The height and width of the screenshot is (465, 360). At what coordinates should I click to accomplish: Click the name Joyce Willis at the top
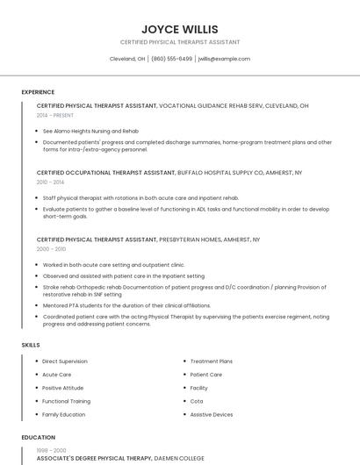tap(179, 29)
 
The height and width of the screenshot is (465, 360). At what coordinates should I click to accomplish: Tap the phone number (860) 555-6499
tap(171, 59)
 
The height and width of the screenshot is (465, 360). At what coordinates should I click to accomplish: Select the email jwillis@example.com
tap(224, 59)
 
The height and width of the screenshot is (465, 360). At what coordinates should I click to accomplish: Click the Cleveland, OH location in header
tap(127, 59)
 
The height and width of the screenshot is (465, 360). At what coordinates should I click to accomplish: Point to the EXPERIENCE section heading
tap(38, 92)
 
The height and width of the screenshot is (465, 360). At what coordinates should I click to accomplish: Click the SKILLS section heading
tap(31, 345)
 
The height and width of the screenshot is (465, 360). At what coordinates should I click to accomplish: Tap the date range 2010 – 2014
tap(51, 182)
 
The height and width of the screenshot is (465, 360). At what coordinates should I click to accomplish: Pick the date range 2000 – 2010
tap(51, 248)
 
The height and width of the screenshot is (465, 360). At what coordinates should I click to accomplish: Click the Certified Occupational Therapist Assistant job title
tap(106, 173)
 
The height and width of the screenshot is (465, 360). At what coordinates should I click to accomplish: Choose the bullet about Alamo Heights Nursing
tap(90, 131)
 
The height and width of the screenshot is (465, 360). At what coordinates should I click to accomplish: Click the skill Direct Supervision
tap(65, 361)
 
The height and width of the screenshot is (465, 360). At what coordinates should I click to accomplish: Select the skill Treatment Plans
tap(212, 361)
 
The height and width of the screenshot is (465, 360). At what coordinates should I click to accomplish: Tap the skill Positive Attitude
tap(63, 388)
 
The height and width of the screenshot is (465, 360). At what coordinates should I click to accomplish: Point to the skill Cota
tap(197, 401)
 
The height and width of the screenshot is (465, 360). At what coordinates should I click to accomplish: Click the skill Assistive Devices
tap(212, 414)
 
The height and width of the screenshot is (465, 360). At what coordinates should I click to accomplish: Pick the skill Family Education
tap(64, 414)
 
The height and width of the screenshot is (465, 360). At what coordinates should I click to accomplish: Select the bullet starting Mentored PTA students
tap(126, 305)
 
